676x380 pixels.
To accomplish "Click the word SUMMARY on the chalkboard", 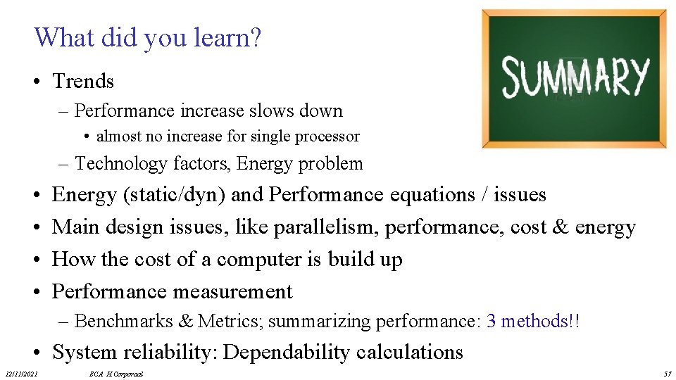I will [x=574, y=77].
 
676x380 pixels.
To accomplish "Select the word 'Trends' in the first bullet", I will [x=83, y=82].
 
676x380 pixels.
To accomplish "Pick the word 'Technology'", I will [x=118, y=164].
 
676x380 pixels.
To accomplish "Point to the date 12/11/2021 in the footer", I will [x=22, y=374].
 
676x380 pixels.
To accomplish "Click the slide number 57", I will [x=668, y=374].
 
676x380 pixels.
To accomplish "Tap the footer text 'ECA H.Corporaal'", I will [x=115, y=374].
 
